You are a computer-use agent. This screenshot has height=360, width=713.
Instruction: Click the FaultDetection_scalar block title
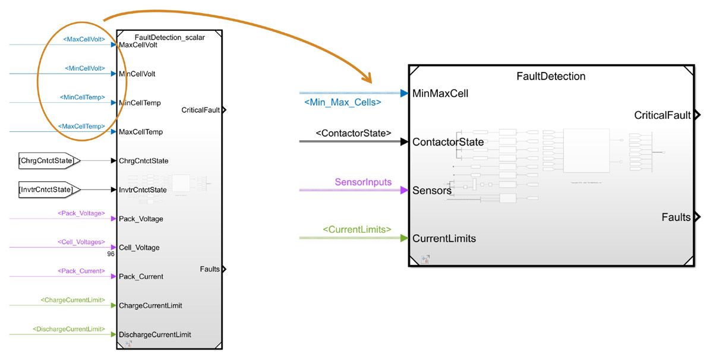pos(169,37)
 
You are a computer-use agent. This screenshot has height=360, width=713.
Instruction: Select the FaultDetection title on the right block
pos(551,76)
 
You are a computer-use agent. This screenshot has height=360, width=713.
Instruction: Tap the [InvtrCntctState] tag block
pos(47,190)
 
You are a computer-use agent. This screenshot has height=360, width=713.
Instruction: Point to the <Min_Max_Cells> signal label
pos(342,103)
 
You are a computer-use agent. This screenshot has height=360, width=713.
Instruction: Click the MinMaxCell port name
pos(440,93)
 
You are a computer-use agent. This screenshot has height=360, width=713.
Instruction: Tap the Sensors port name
pos(432,191)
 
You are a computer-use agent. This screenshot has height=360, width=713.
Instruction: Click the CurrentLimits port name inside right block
pos(444,238)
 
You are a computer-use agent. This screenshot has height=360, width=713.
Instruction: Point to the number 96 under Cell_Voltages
pos(110,254)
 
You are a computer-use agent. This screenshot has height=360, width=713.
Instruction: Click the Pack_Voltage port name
pos(141,219)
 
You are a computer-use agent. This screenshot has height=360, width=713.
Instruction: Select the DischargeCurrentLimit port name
pos(155,334)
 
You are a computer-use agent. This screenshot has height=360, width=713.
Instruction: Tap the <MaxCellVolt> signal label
pos(84,40)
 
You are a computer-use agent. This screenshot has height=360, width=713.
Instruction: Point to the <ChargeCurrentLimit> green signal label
pos(72,300)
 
